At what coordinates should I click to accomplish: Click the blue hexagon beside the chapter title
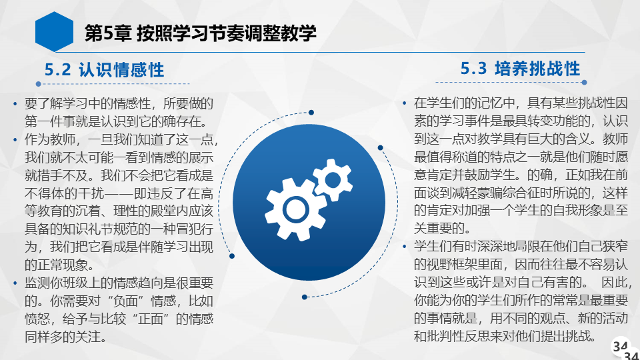click(x=54, y=32)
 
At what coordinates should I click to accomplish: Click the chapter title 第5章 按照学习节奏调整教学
click(x=201, y=33)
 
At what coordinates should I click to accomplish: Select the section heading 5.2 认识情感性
click(x=105, y=70)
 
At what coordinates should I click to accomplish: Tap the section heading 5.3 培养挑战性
click(x=521, y=68)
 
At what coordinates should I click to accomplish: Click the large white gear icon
click(x=295, y=209)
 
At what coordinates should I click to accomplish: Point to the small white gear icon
click(x=333, y=179)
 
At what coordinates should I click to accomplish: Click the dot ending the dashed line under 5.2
click(x=39, y=84)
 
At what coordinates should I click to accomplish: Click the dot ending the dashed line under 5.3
click(x=584, y=83)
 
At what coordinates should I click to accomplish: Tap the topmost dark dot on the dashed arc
click(x=311, y=112)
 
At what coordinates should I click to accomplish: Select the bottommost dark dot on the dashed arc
click(x=305, y=297)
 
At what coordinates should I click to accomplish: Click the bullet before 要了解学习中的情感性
click(x=15, y=104)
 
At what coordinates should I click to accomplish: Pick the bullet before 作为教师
click(x=15, y=140)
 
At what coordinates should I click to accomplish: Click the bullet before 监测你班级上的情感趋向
click(x=15, y=283)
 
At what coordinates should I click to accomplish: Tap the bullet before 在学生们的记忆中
click(x=405, y=103)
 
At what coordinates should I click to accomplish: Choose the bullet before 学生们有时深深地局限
click(x=405, y=247)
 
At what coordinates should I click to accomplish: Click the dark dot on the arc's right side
click(x=381, y=147)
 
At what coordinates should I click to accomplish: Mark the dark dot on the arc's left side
click(x=232, y=256)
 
